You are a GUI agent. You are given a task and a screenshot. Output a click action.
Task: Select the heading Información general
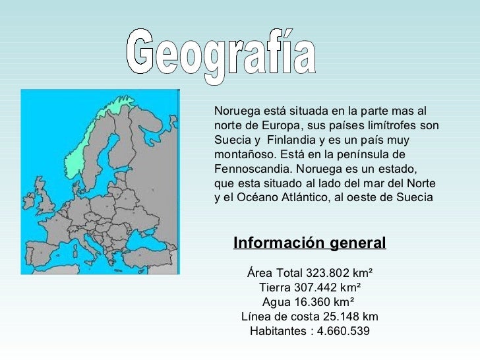(x=309, y=243)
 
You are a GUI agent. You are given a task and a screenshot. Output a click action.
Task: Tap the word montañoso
(x=241, y=154)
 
